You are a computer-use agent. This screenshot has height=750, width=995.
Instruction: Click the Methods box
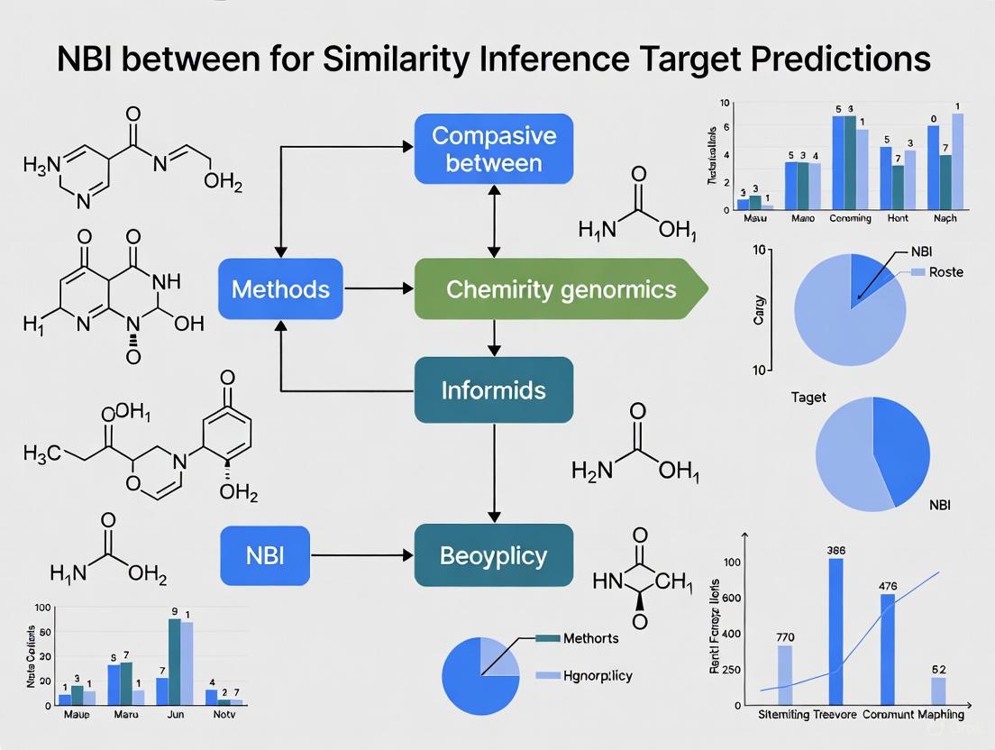click(280, 288)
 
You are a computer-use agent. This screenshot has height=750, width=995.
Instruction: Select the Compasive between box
click(493, 148)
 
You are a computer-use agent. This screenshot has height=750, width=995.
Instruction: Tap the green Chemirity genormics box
click(560, 288)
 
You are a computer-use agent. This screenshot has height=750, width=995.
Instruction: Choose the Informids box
click(493, 390)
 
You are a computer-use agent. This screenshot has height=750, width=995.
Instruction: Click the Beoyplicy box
click(493, 555)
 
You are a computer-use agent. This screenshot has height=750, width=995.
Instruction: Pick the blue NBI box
click(264, 554)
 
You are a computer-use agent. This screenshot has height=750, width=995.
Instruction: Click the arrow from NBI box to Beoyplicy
click(361, 555)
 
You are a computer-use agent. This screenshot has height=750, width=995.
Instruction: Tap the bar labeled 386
click(835, 631)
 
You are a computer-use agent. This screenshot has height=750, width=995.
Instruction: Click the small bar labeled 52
click(938, 691)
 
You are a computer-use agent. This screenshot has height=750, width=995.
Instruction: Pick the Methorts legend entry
click(590, 638)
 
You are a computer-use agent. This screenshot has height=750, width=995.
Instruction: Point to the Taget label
click(808, 398)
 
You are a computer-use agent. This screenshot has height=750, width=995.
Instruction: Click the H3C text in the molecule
click(42, 453)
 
